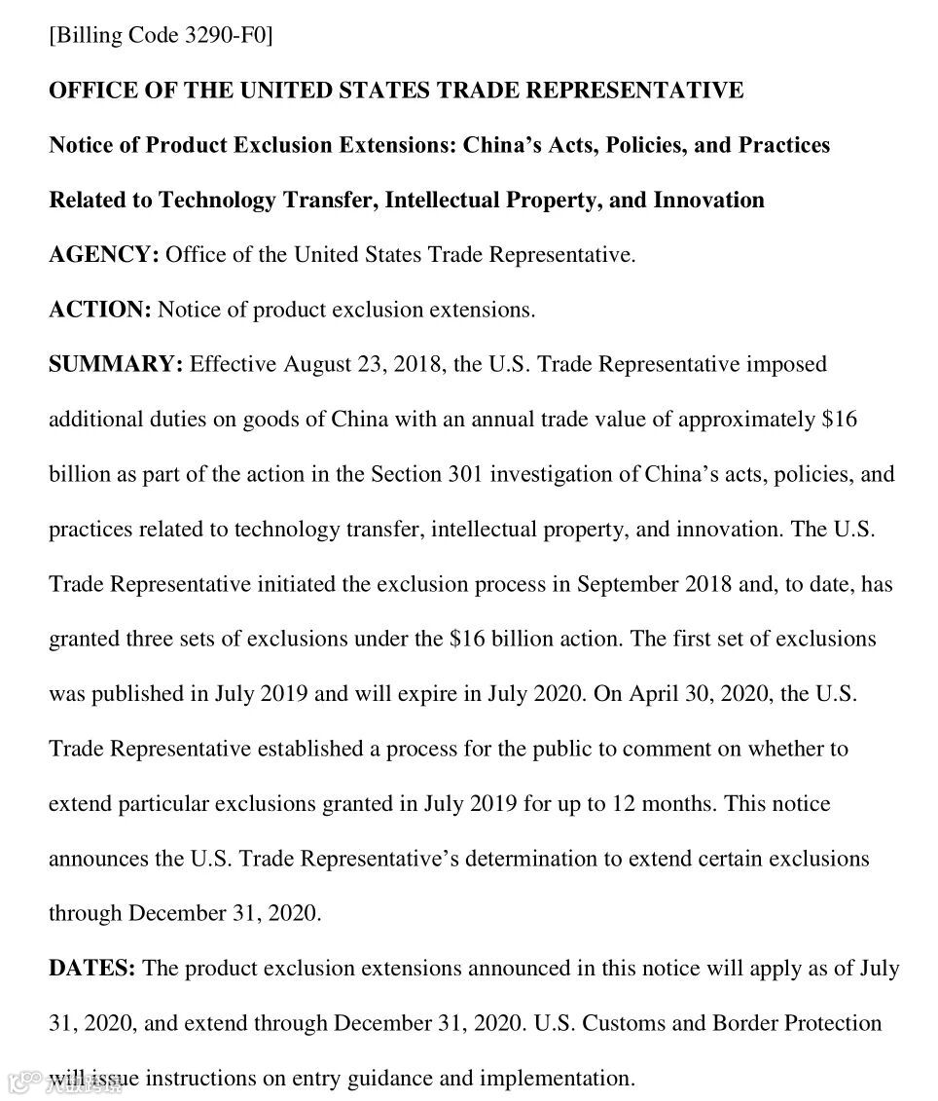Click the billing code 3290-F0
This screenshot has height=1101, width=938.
point(225,36)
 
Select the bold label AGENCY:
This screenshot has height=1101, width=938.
point(104,255)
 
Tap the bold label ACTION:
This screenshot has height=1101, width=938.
point(100,310)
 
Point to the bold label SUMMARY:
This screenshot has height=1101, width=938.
point(116,364)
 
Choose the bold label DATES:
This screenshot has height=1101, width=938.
point(92,969)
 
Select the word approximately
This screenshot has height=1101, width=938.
point(746,420)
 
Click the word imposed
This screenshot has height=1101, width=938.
point(786,364)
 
